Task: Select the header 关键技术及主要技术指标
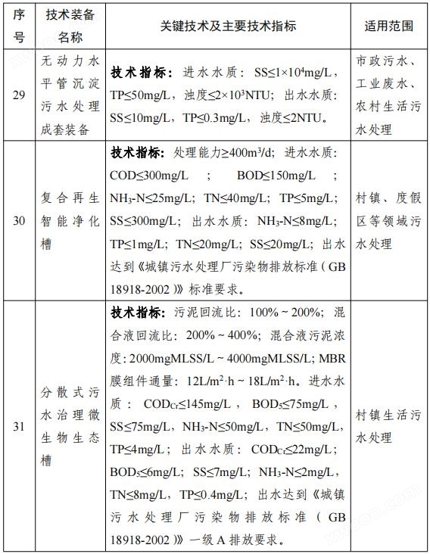(x=228, y=26)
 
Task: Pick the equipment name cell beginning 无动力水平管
(x=70, y=95)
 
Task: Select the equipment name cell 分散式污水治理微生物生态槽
(x=70, y=426)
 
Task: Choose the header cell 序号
(x=19, y=26)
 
